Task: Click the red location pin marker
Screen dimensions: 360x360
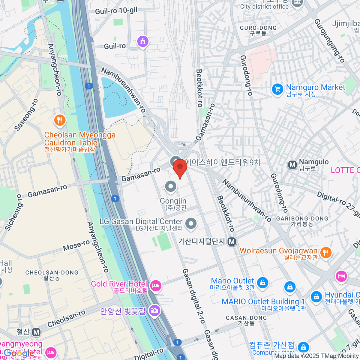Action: click(180, 167)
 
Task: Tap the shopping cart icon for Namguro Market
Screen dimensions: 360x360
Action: click(277, 89)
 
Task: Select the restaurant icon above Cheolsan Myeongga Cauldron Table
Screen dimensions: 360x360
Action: click(60, 121)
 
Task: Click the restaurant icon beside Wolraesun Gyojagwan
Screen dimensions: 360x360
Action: click(326, 253)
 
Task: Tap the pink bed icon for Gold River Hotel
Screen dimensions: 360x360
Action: click(156, 286)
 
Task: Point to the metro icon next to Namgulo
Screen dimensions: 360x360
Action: click(292, 165)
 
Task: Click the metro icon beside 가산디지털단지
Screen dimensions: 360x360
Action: click(232, 241)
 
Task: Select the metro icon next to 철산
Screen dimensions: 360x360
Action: click(36, 332)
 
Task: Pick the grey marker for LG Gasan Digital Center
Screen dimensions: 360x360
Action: click(191, 223)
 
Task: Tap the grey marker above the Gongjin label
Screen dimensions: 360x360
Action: click(171, 187)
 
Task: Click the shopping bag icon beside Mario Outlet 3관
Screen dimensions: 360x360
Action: click(262, 283)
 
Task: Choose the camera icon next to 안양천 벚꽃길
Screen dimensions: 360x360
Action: click(154, 310)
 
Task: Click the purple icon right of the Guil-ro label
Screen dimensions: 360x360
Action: click(143, 41)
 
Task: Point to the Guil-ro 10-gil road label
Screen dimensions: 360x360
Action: click(116, 11)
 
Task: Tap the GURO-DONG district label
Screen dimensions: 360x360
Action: click(258, 28)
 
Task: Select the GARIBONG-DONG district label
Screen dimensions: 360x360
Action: click(302, 219)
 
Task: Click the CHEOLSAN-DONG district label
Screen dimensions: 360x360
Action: click(52, 272)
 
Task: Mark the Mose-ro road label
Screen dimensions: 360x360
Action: click(76, 245)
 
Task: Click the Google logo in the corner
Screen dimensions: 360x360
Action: click(19, 353)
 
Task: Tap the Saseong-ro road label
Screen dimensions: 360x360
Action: click(26, 115)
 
